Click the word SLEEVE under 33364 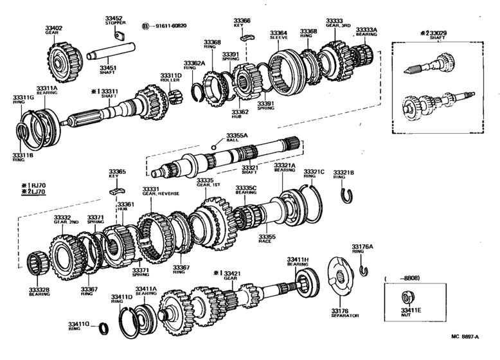pos(278,38)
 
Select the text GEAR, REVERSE pos(161,194)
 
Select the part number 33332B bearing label pos(39,291)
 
